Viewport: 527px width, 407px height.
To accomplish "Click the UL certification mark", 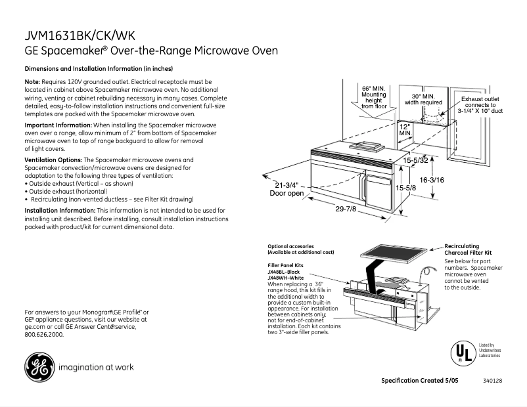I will pos(462,353).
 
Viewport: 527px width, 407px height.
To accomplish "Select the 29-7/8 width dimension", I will pos(346,209).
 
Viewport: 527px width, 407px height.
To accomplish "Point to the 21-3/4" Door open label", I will pos(286,189).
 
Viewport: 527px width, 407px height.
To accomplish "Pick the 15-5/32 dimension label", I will pos(415,160).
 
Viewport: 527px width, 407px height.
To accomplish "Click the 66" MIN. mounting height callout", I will pos(374,96).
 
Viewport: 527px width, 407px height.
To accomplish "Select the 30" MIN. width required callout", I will pos(423,99).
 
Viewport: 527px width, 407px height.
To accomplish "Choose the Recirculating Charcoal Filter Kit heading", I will pos(469,249).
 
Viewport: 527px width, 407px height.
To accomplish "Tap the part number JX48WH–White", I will pos(286,278).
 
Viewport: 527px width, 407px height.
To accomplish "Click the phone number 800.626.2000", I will pos(44,334).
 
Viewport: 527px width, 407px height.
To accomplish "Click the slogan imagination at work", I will pos(96,368).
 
